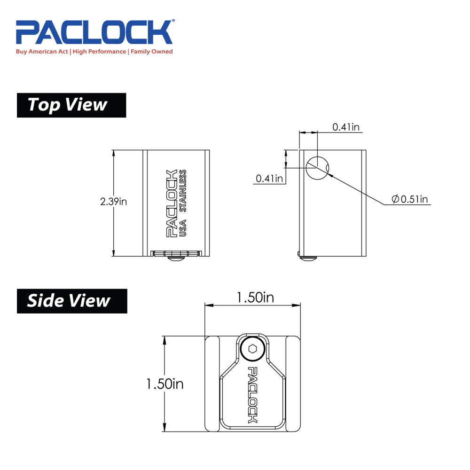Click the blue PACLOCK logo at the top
point(94,32)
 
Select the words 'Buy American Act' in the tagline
point(42,52)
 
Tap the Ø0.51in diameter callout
point(410,199)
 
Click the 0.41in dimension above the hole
point(347,126)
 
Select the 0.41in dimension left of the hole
point(270,178)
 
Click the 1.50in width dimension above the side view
point(255,298)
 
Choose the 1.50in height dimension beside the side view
point(164,384)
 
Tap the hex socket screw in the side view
point(252,350)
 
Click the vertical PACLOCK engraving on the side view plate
point(252,395)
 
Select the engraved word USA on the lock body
point(184,229)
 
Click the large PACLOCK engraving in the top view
point(172,203)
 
